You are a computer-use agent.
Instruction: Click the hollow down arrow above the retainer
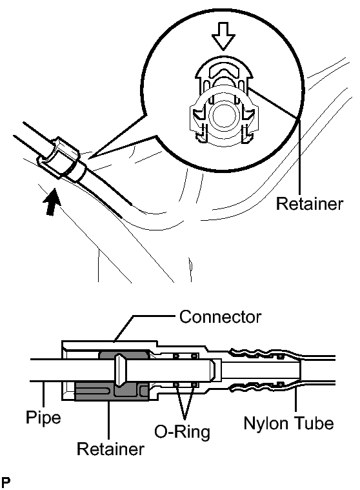point(223,36)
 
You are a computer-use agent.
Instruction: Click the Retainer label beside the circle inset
point(310,203)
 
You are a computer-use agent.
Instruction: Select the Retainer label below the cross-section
point(110,449)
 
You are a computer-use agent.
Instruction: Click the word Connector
point(220,316)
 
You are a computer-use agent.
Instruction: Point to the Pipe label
point(43,418)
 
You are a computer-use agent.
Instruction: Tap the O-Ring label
point(183,432)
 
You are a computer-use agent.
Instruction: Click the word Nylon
point(266,424)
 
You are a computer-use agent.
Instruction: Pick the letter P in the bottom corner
point(6,482)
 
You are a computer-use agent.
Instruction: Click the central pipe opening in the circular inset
point(224,115)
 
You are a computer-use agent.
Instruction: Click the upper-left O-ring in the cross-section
point(176,356)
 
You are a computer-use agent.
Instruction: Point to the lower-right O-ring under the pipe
point(194,384)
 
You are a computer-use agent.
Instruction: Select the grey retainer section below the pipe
point(112,392)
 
